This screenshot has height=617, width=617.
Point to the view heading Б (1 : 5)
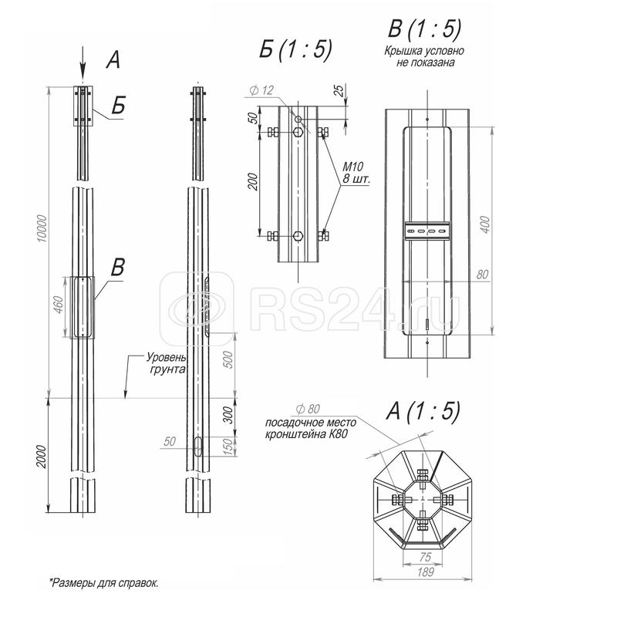click(295, 50)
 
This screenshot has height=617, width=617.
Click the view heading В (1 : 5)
click(424, 29)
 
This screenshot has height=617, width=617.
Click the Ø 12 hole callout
click(262, 91)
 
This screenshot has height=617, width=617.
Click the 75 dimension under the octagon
click(421, 555)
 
